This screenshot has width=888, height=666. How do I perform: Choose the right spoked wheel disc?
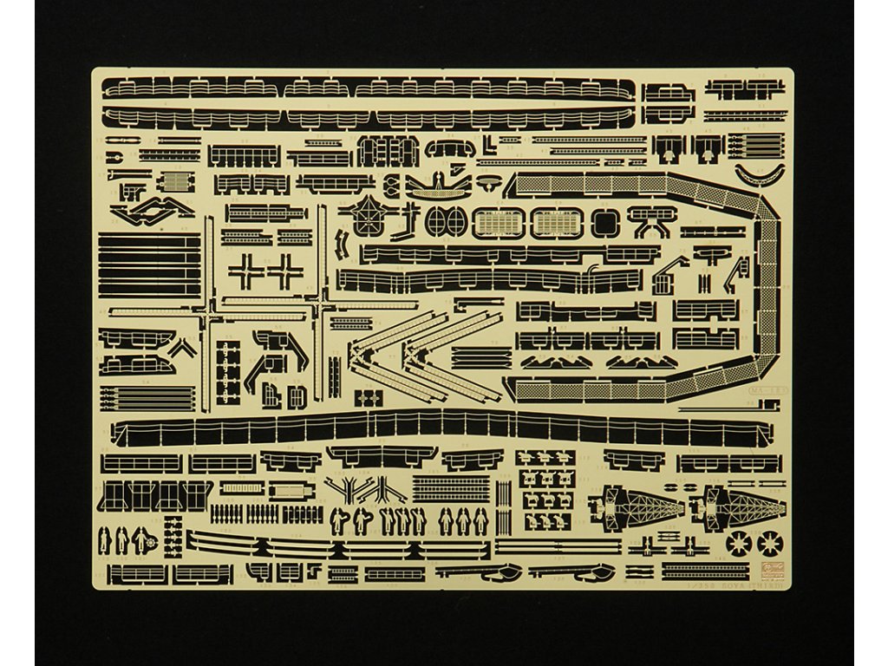point(769,544)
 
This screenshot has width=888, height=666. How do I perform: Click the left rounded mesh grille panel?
point(498,223)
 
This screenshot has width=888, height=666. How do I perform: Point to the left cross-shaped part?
point(245,271)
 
